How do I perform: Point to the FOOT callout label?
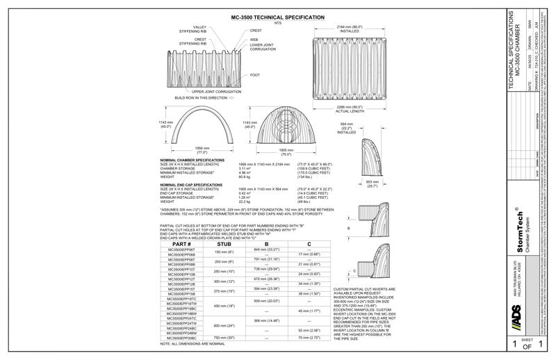[255, 75]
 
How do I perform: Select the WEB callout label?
[254, 40]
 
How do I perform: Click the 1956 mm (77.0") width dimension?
[201, 151]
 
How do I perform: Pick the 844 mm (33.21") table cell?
[266, 249]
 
